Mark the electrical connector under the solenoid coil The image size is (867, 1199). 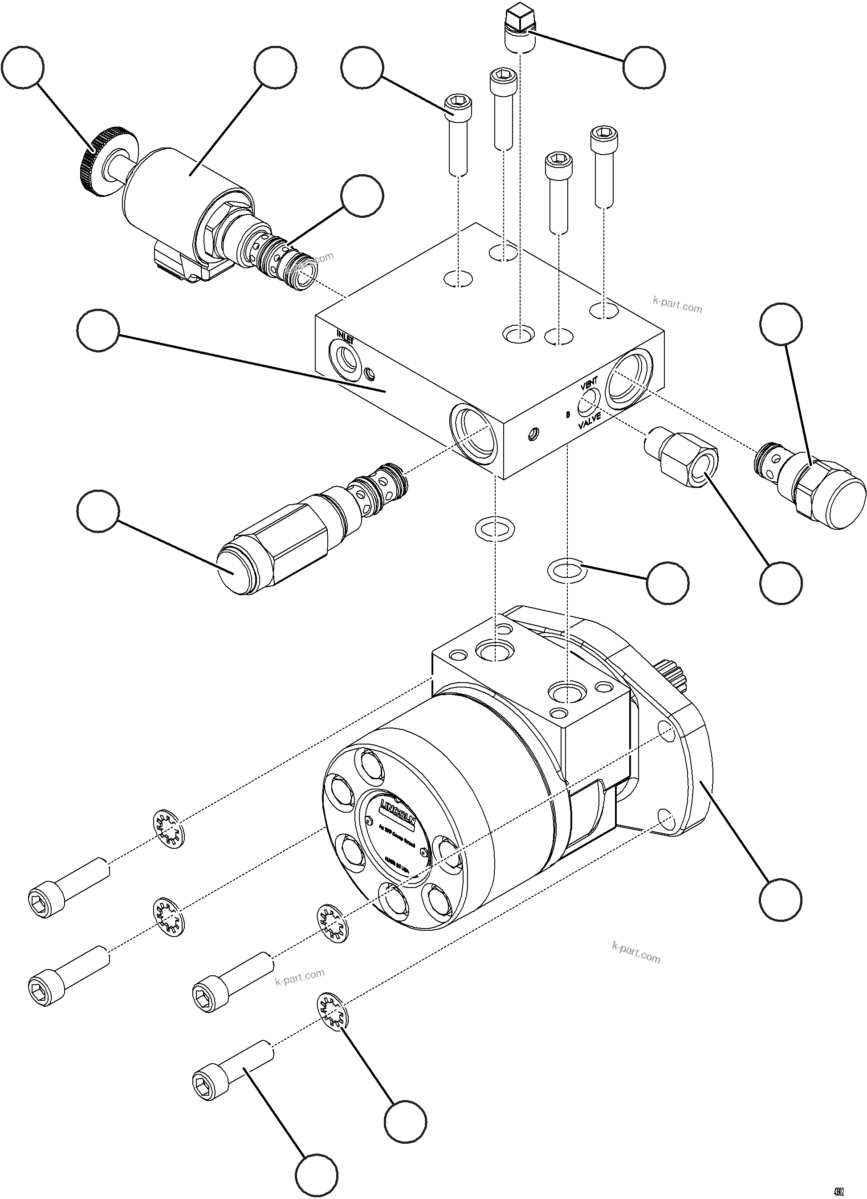pos(175,264)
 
